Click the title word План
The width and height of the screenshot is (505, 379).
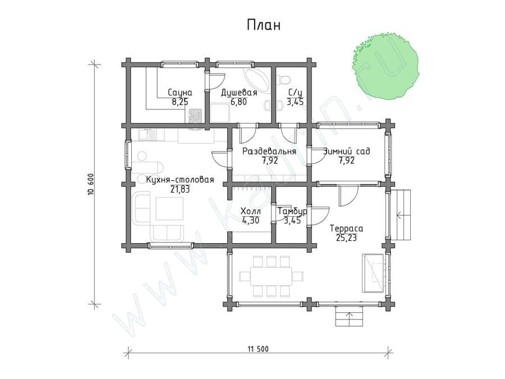pyautogui.click(x=264, y=25)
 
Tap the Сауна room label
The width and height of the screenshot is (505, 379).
pyautogui.click(x=180, y=93)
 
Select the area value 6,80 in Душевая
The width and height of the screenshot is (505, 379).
pyautogui.click(x=238, y=102)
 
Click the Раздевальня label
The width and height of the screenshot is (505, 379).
pyautogui.click(x=269, y=151)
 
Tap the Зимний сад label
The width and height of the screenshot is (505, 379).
pyautogui.click(x=347, y=151)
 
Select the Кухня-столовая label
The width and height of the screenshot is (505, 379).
pyautogui.click(x=180, y=180)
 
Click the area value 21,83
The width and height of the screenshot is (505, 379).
pyautogui.click(x=180, y=190)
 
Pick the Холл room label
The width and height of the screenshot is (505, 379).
pyautogui.click(x=251, y=212)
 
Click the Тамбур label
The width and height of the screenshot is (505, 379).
pyautogui.click(x=292, y=212)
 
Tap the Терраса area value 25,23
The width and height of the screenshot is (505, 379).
pyautogui.click(x=346, y=238)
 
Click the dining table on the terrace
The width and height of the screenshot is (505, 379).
pyautogui.click(x=272, y=276)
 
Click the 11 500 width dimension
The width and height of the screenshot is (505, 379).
pyautogui.click(x=258, y=349)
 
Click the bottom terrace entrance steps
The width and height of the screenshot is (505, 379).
pyautogui.click(x=349, y=316)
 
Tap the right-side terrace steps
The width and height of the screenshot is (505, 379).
pyautogui.click(x=401, y=214)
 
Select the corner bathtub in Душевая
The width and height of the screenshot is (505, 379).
pyautogui.click(x=256, y=79)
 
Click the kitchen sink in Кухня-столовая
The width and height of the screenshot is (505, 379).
pyautogui.click(x=148, y=134)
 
